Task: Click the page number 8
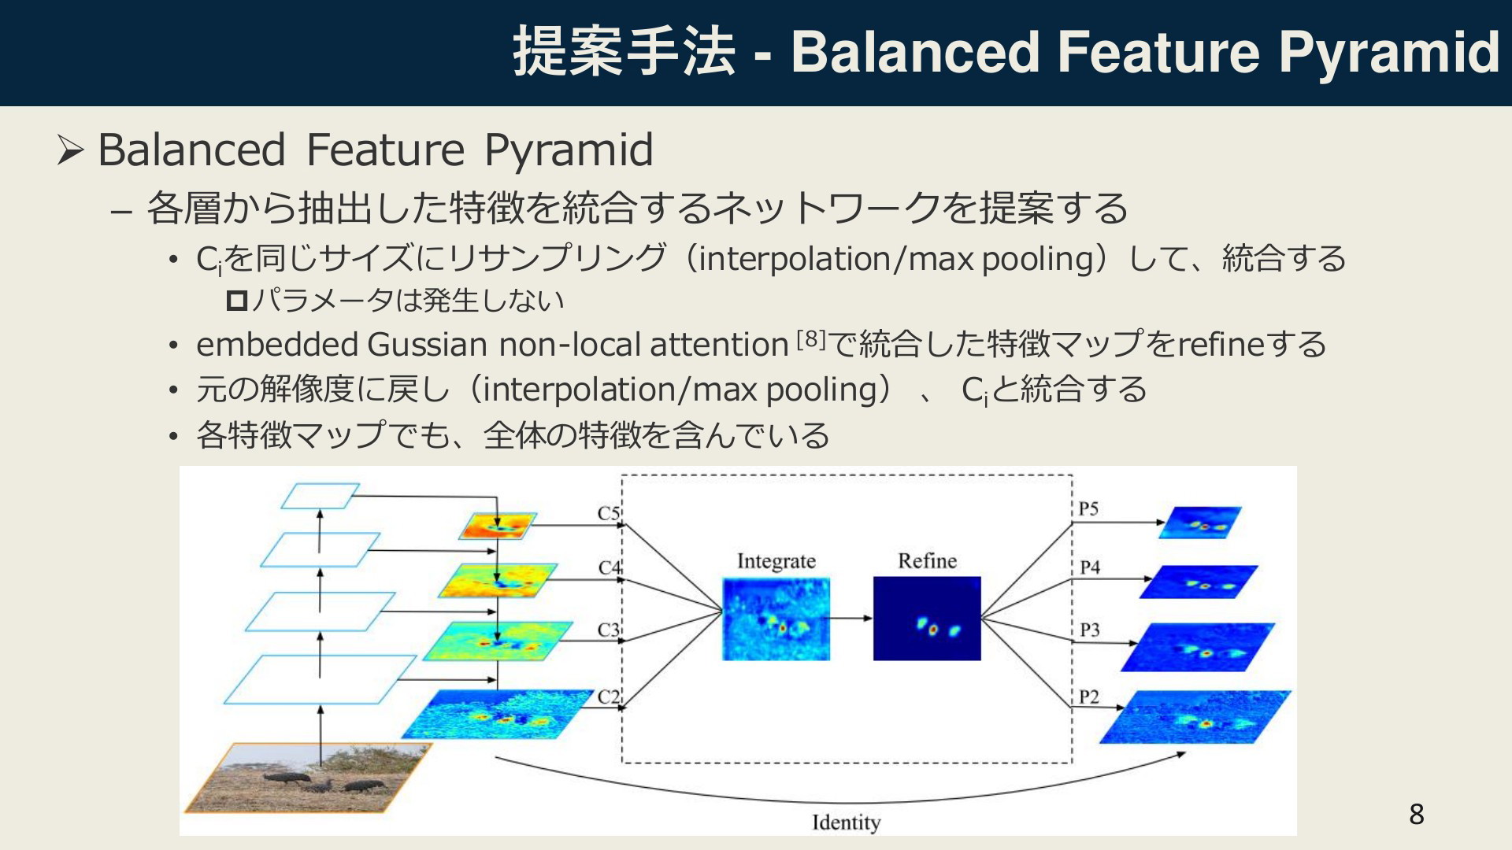(x=1417, y=814)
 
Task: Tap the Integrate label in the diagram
(x=776, y=561)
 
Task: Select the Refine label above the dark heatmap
(x=927, y=561)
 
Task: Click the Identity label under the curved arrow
(x=847, y=822)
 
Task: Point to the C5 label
(x=609, y=513)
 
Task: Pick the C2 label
(x=609, y=697)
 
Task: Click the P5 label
(x=1088, y=508)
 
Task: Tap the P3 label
(x=1089, y=630)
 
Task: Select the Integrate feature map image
(x=776, y=619)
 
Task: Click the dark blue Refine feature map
(x=927, y=619)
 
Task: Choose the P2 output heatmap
(x=1195, y=717)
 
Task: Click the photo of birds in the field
(x=308, y=778)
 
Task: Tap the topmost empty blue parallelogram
(x=320, y=496)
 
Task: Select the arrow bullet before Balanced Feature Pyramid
(x=71, y=150)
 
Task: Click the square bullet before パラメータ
(x=237, y=300)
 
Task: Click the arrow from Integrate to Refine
(x=851, y=619)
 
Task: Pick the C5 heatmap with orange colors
(x=498, y=527)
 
